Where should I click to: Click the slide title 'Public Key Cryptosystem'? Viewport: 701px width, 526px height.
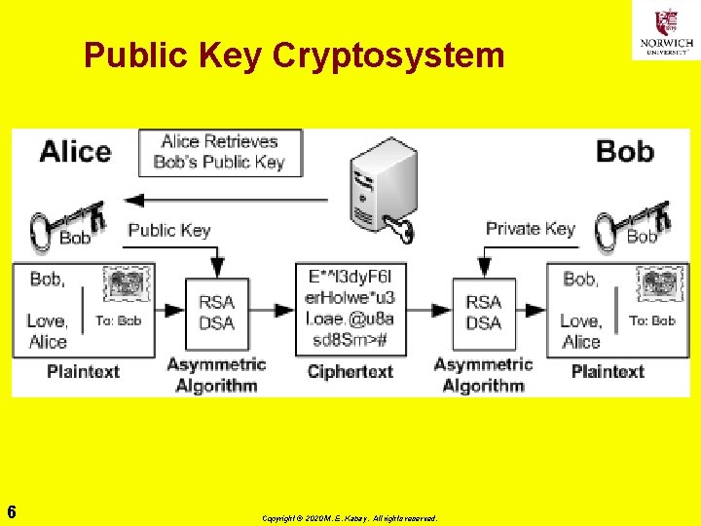(294, 56)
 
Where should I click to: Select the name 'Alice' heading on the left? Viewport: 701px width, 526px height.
(75, 152)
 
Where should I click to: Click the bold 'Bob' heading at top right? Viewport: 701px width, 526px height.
(624, 152)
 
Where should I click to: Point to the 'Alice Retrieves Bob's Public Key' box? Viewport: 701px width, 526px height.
(220, 152)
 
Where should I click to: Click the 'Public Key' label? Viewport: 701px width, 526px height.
(168, 231)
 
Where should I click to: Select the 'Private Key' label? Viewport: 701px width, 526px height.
(530, 229)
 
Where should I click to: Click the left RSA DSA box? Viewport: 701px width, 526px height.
(216, 312)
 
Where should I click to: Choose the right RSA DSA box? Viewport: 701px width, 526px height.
(483, 312)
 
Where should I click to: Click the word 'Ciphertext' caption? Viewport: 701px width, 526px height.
(350, 372)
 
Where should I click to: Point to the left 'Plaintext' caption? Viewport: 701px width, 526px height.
(83, 371)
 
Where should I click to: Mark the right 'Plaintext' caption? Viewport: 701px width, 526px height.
(608, 371)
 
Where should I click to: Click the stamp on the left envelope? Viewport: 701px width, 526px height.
(128, 285)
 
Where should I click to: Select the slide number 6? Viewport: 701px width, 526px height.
(11, 511)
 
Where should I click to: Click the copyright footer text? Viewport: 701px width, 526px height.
(350, 518)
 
